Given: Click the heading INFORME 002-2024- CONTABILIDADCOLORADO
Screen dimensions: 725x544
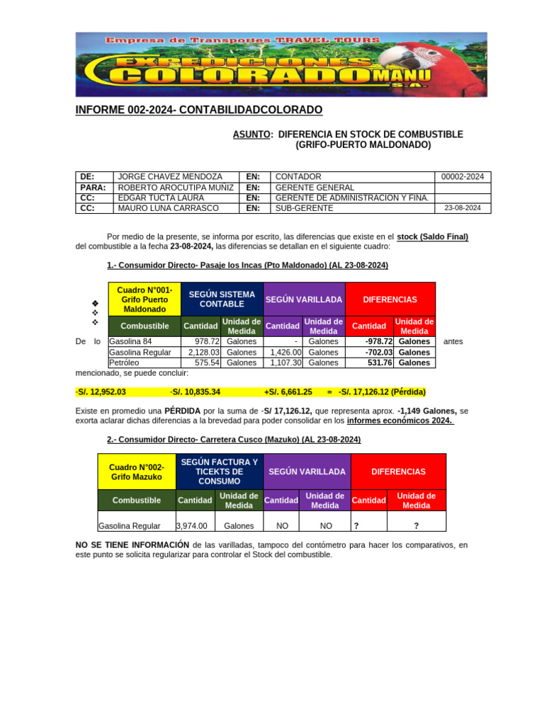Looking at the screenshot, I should pyautogui.click(x=198, y=110).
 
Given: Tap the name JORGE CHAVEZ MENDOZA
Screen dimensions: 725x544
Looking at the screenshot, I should pyautogui.click(x=170, y=176).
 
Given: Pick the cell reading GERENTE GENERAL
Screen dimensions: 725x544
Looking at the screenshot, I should pyautogui.click(x=314, y=187).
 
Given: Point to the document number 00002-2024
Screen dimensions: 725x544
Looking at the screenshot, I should pyautogui.click(x=462, y=176).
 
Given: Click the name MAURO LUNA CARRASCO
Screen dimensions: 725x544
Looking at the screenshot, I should pyautogui.click(x=168, y=208).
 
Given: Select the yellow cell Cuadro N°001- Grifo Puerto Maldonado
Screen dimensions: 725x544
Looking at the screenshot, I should pyautogui.click(x=144, y=299).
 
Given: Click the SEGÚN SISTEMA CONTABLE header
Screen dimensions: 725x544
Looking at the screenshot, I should pyautogui.click(x=222, y=299).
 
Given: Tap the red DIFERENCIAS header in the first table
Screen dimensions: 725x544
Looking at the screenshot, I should pyautogui.click(x=390, y=299).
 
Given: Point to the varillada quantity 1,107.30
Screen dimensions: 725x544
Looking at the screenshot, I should pyautogui.click(x=286, y=362).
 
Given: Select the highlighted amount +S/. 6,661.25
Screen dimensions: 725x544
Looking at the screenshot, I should pyautogui.click(x=288, y=392).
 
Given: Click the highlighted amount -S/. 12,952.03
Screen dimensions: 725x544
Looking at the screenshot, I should pyautogui.click(x=101, y=392).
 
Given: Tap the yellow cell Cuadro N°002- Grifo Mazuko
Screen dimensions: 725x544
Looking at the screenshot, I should pyautogui.click(x=136, y=472).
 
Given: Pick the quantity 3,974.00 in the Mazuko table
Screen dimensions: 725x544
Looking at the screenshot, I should pyautogui.click(x=192, y=525).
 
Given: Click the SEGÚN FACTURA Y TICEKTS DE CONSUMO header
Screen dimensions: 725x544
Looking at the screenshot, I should pyautogui.click(x=219, y=472).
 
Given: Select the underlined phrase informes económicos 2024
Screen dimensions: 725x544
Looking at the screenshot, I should pyautogui.click(x=400, y=421).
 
